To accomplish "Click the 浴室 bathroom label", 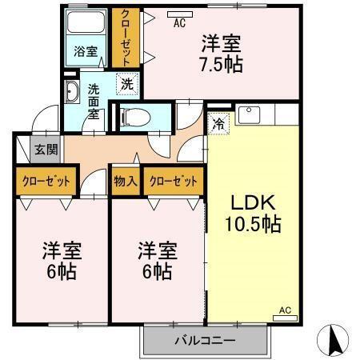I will (86, 50).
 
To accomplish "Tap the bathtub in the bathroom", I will (86, 25).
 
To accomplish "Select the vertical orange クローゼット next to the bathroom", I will (124, 38).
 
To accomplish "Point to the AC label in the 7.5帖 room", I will (180, 23).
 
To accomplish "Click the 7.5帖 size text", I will (221, 62).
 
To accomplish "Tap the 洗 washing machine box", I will (126, 82).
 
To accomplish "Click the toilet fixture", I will (135, 117).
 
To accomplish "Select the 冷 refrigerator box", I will (218, 123).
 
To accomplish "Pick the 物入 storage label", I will (126, 182).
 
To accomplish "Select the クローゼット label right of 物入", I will (172, 182).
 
